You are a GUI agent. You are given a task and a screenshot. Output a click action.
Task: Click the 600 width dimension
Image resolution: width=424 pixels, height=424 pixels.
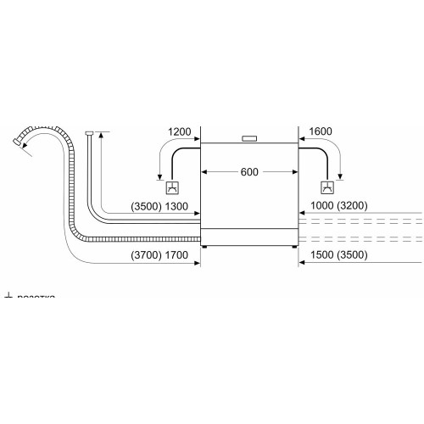click(248, 172)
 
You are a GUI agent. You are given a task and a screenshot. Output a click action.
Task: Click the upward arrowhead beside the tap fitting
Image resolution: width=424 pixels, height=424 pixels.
click(101, 135)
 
